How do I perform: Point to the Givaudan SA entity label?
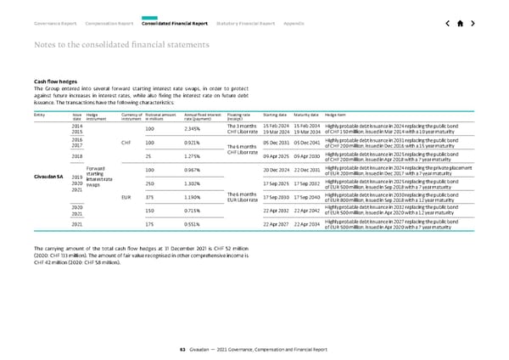(x=45, y=177)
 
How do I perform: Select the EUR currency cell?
(x=126, y=197)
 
